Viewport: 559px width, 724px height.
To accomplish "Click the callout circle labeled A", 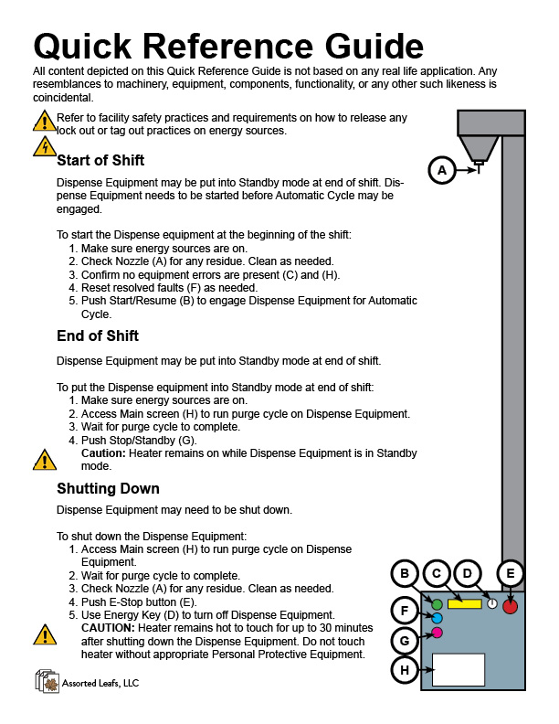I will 442,170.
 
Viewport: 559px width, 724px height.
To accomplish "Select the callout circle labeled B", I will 405,573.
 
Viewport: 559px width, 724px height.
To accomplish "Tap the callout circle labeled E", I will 511,573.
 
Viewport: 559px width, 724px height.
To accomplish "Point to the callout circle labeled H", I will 405,670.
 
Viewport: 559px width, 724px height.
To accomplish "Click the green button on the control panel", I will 437,604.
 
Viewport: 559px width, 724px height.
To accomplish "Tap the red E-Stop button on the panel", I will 510,605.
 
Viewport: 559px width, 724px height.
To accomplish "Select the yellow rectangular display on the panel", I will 465,604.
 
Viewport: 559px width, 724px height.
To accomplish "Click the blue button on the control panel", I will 437,618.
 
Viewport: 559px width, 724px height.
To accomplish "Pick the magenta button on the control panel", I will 437,633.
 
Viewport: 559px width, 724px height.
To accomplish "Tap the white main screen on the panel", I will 459,669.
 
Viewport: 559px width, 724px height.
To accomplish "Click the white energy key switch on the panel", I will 491,604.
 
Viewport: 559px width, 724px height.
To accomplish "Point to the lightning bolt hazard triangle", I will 44,146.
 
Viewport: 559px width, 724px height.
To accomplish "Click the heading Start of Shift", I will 100,161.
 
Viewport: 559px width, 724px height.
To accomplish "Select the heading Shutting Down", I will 108,488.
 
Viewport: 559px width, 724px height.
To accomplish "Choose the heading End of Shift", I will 97,335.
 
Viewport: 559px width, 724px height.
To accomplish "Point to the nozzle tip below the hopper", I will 478,167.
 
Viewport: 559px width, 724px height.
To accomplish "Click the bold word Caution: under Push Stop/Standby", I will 103,452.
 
